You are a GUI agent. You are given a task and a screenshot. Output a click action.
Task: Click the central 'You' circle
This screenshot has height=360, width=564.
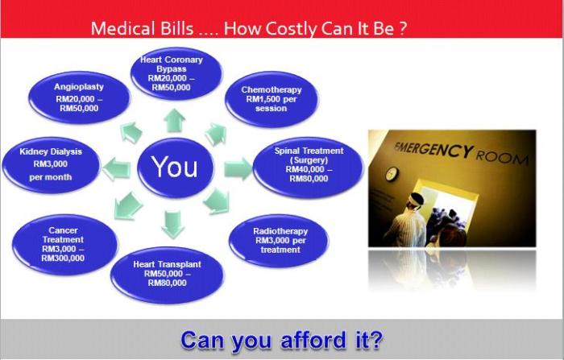click(x=175, y=167)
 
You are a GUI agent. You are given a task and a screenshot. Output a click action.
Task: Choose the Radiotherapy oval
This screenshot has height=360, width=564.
click(x=280, y=239)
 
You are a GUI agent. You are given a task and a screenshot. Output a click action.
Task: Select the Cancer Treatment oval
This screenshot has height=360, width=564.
click(x=64, y=244)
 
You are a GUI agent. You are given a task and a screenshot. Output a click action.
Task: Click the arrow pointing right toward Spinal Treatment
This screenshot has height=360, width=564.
click(x=237, y=168)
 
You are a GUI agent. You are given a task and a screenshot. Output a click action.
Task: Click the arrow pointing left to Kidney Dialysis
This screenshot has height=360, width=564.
click(x=116, y=168)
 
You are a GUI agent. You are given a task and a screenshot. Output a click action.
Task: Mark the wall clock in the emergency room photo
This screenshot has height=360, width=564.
click(x=391, y=173)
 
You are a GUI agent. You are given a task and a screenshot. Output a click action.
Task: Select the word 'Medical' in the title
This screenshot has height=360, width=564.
click(x=122, y=29)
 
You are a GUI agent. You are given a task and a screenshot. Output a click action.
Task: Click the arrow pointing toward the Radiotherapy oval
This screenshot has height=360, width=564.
click(x=215, y=201)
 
